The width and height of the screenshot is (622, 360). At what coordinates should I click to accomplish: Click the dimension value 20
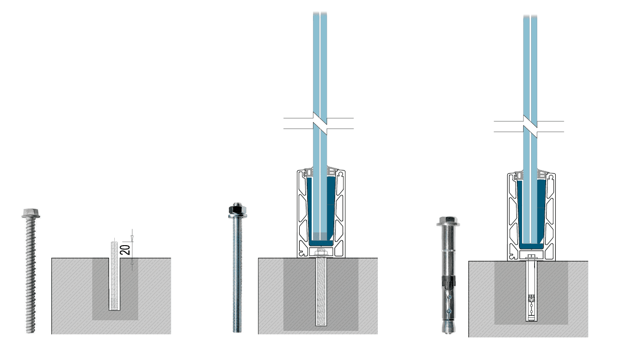point(126,250)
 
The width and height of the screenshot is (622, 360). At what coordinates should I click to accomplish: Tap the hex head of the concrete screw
point(31,213)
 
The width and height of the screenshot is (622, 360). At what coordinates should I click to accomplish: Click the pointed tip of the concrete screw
point(30,332)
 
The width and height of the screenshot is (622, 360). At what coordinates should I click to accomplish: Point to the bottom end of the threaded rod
point(237,331)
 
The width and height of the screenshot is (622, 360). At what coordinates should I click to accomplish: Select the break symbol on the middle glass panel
point(320,123)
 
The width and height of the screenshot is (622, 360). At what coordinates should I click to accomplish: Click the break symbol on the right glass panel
point(530,126)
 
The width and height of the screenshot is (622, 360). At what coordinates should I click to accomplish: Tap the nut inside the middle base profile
point(321,253)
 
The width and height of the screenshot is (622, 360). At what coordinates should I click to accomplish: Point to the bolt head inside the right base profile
point(531,256)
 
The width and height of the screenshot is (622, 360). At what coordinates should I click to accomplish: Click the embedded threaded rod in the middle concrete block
point(321,292)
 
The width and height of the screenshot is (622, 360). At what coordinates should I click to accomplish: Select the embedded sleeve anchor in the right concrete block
point(531,291)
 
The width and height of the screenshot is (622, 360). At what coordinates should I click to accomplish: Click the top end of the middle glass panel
point(320,13)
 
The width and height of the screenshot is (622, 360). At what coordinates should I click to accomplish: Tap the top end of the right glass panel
point(530,16)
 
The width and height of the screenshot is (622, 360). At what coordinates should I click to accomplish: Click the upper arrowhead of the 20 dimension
point(132,239)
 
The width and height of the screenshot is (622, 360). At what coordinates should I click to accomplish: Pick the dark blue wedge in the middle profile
point(321,211)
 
